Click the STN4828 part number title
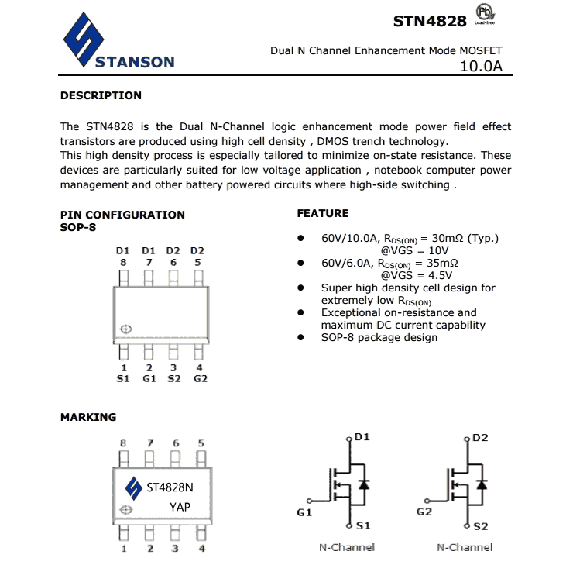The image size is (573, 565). tap(430, 21)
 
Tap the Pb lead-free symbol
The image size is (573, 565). tap(485, 13)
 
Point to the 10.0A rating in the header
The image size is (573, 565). tap(481, 67)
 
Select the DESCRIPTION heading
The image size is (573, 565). tap(101, 96)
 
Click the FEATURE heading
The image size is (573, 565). tap(323, 213)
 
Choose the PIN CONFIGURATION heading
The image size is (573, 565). tap(122, 215)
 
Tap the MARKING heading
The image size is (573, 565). tap(88, 417)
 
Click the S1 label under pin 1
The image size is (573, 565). tap(123, 379)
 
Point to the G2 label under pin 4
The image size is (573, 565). tap(201, 379)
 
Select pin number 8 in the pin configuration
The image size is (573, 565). tap(123, 262)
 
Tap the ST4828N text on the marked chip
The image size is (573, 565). tap(170, 488)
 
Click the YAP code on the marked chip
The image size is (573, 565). tap(180, 507)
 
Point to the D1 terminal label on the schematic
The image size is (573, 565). tap(362, 437)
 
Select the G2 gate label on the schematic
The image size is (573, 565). tap(424, 512)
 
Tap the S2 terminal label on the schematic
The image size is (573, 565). tap(480, 527)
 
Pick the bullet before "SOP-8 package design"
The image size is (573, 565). tap(302, 338)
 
